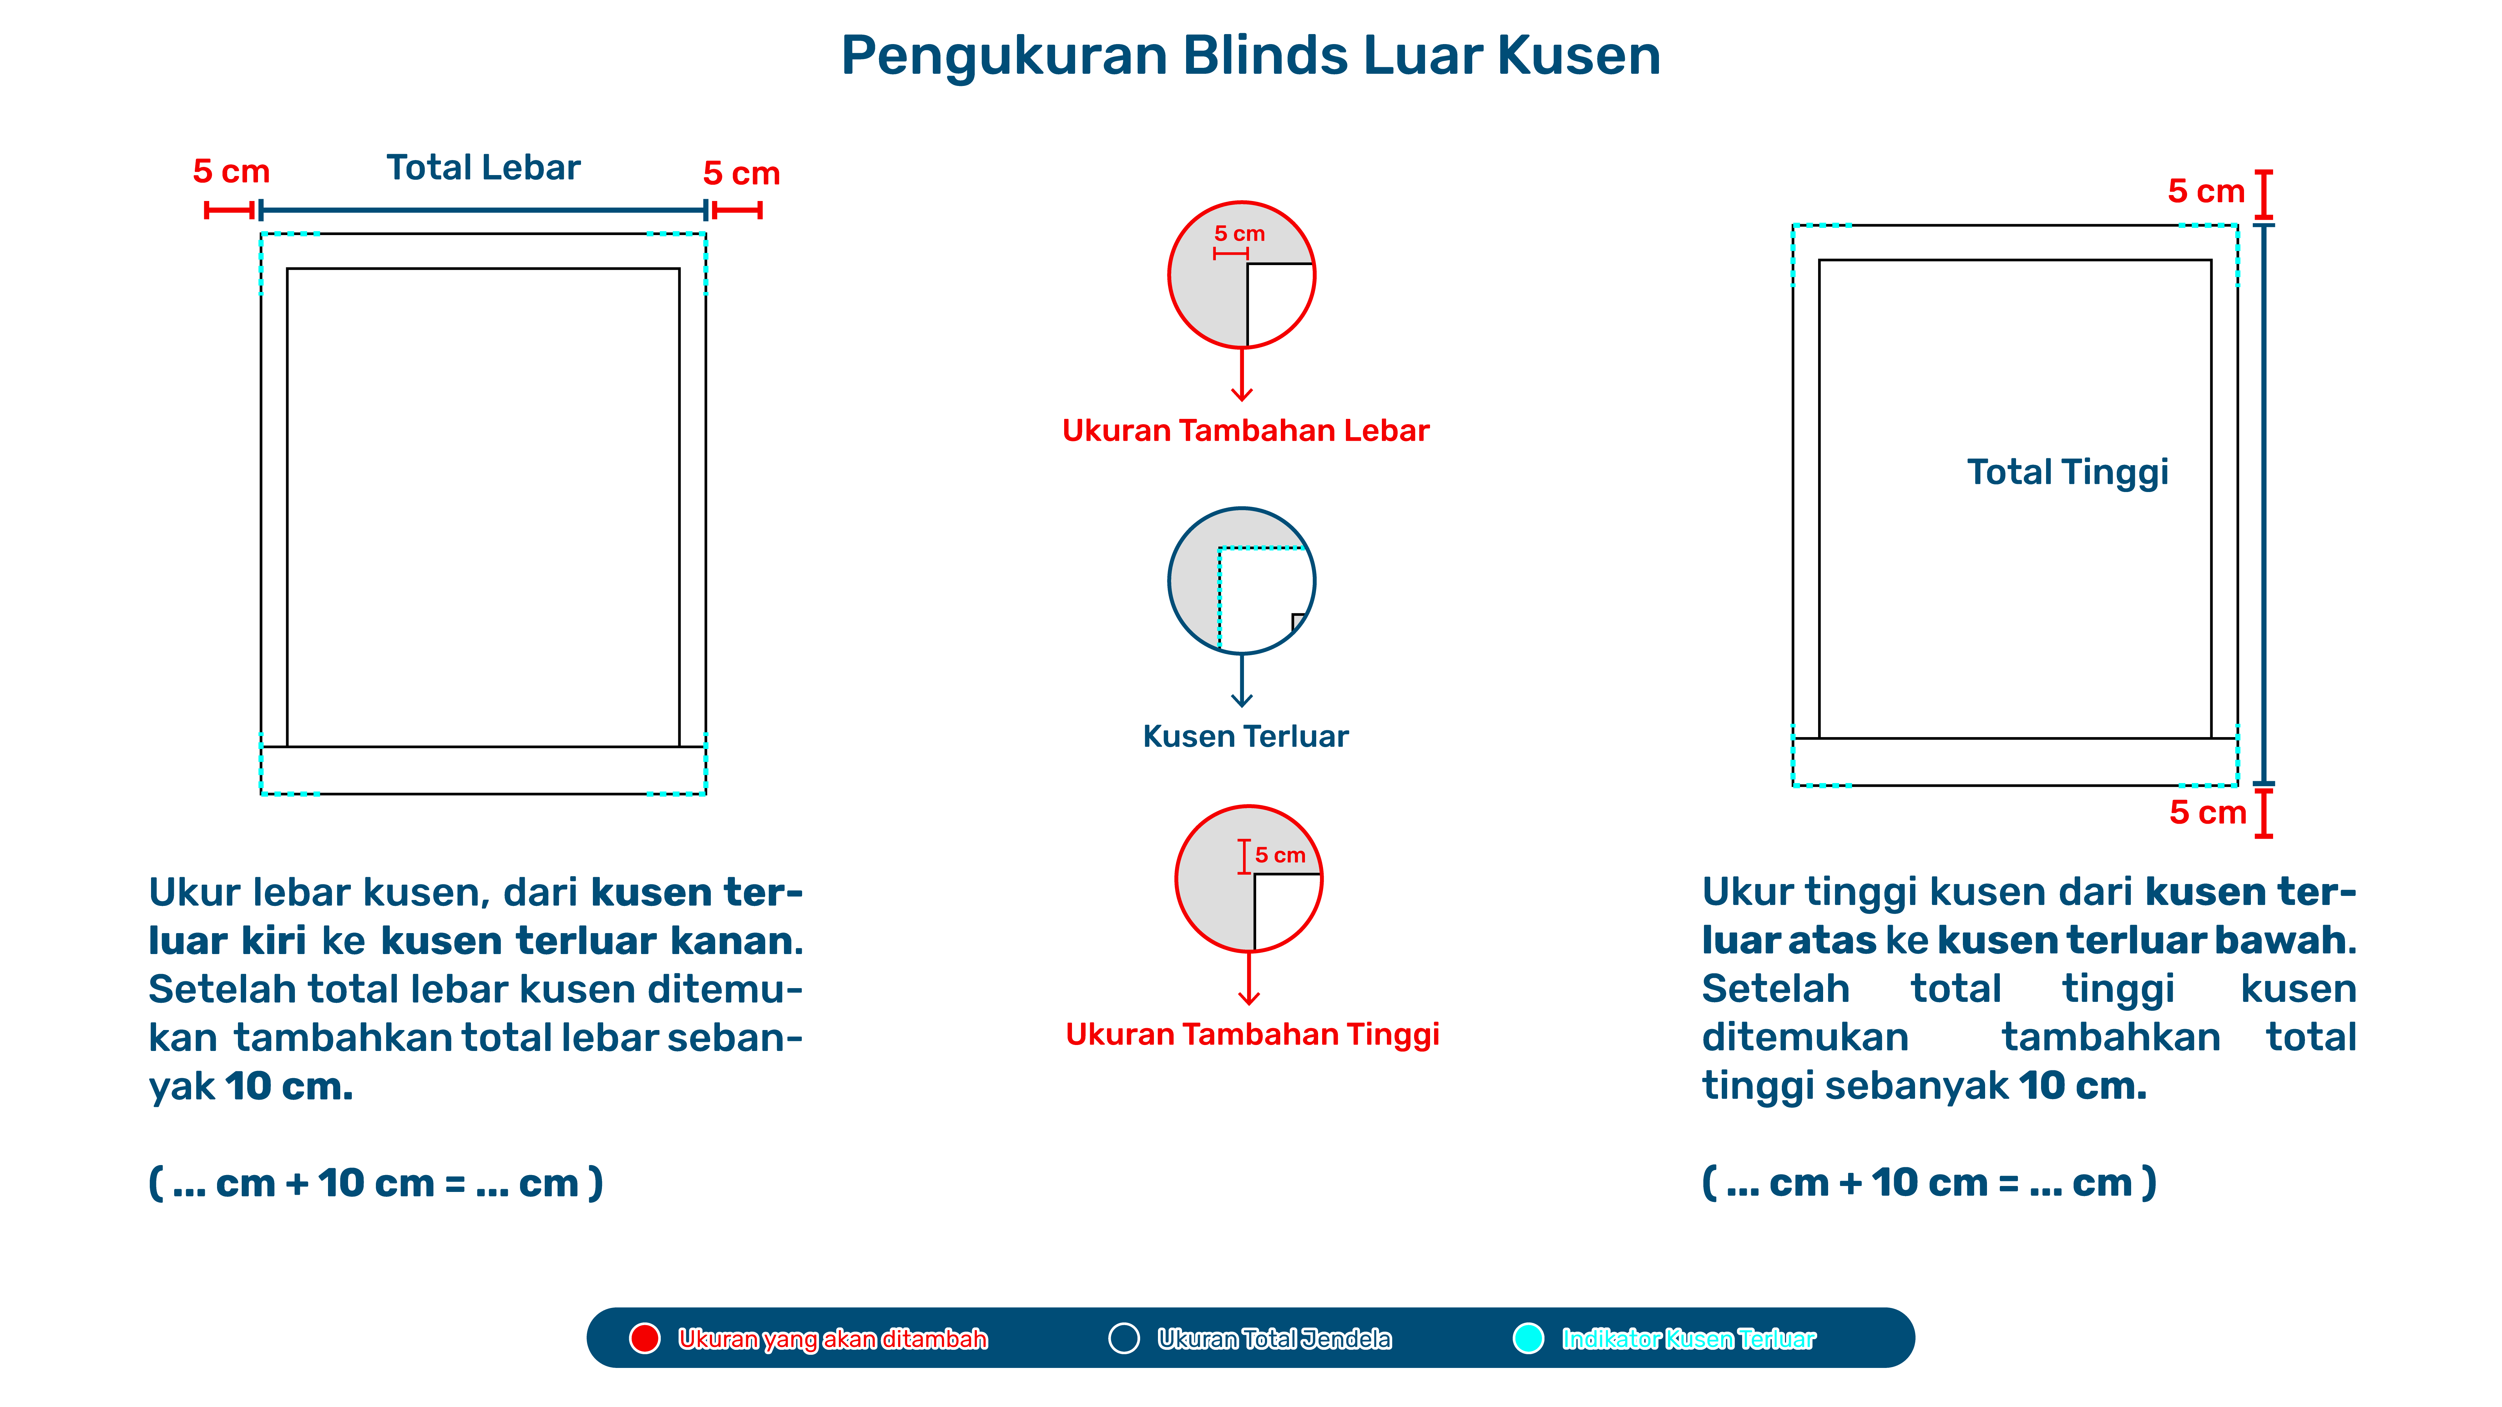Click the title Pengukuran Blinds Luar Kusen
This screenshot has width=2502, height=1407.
[x=1250, y=55]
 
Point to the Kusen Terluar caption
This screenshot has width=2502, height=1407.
[x=1245, y=736]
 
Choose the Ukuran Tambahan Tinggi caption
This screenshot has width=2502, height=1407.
[x=1252, y=1034]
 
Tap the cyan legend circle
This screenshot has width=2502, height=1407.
[x=1528, y=1338]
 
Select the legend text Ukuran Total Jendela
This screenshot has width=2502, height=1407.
[x=1273, y=1339]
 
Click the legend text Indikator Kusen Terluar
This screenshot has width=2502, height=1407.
[x=1688, y=1339]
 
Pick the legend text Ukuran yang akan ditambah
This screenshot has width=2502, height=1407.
[x=832, y=1339]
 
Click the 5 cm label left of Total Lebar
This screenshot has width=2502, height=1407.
[x=231, y=172]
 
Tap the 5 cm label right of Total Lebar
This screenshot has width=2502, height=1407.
[x=741, y=174]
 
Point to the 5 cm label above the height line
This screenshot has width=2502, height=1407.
[x=2206, y=191]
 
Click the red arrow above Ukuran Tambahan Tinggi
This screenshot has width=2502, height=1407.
[x=1249, y=978]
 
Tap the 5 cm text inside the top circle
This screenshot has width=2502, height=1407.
[x=1239, y=234]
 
